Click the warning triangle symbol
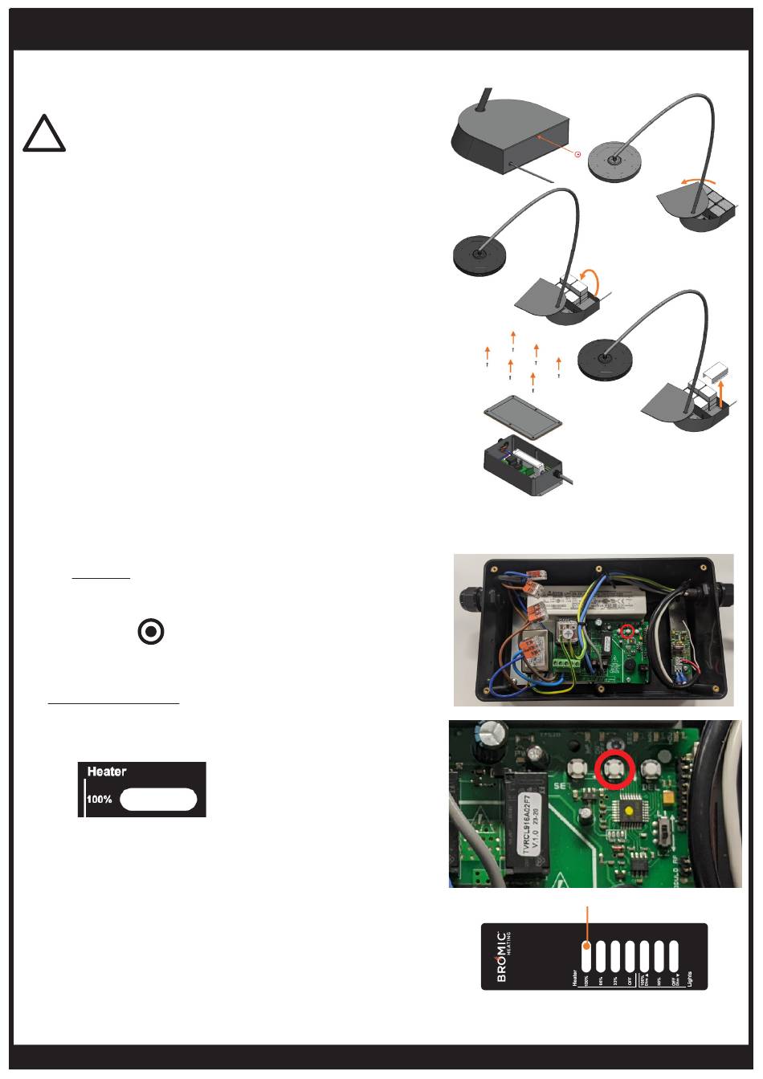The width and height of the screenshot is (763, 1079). point(44,134)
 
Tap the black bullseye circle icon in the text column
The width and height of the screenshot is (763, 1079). point(151,633)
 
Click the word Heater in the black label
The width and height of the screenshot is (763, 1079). point(107,772)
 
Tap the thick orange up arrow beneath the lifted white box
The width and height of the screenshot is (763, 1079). point(721,394)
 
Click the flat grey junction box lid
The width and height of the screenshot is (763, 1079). point(521,418)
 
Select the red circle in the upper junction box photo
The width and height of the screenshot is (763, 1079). point(629,631)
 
